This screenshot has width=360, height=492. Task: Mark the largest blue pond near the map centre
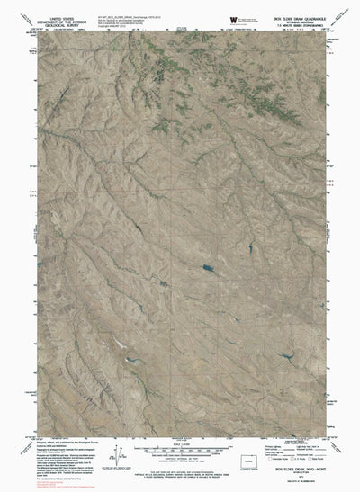click(206, 268)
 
